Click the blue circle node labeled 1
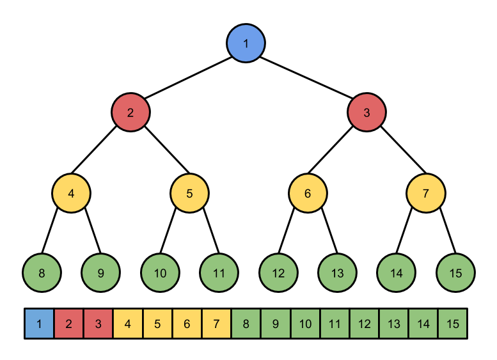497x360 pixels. [x=246, y=43]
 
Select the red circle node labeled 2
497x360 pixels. [x=130, y=113]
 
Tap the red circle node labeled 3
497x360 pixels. [x=367, y=113]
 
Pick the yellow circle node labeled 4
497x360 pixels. [x=71, y=193]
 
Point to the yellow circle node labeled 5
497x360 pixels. [x=189, y=193]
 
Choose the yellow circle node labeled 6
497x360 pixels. [x=308, y=193]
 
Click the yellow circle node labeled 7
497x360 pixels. [x=426, y=193]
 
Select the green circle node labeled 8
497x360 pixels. [x=42, y=273]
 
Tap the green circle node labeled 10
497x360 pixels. [x=160, y=273]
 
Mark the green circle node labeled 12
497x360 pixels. [x=278, y=273]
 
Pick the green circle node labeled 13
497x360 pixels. [x=337, y=273]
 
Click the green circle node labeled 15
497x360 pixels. [x=455, y=273]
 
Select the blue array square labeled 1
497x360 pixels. [x=40, y=324]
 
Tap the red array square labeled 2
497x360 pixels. [x=69, y=324]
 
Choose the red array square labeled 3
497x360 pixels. [x=99, y=324]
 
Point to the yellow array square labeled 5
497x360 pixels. [x=157, y=324]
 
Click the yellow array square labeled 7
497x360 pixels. [x=216, y=324]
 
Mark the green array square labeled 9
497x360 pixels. [x=276, y=324]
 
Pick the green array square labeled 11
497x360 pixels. [x=335, y=324]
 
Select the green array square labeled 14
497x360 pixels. [x=423, y=324]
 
